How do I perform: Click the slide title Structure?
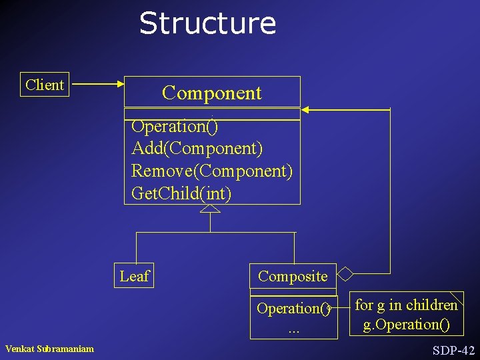tap(207, 23)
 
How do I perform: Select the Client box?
tap(45, 85)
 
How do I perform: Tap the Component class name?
tap(212, 93)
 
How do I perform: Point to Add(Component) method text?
tap(197, 147)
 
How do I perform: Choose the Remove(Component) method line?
tap(212, 171)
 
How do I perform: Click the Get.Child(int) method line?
tap(181, 193)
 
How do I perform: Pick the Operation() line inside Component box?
tap(175, 125)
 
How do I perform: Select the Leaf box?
tap(135, 276)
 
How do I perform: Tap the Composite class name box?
tap(293, 276)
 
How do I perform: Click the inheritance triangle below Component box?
tap(210, 209)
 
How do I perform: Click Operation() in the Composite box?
tap(293, 309)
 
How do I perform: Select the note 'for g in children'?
tap(406, 305)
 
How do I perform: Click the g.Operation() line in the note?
tap(406, 325)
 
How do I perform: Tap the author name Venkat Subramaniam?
tap(49, 349)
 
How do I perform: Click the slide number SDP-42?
tap(453, 350)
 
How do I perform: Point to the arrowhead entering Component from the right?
tap(305, 109)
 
